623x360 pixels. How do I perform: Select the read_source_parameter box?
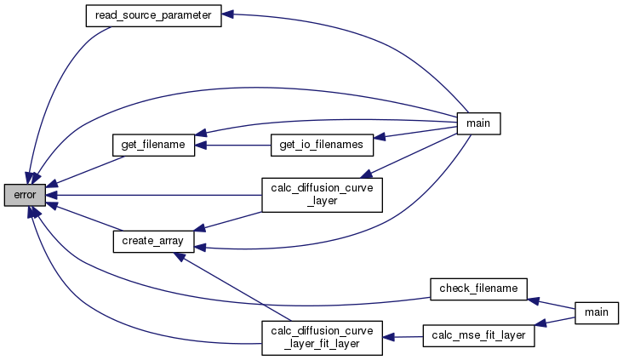[153, 15]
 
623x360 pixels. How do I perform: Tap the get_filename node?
[154, 145]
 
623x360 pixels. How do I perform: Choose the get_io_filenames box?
[322, 145]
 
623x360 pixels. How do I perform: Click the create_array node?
[154, 241]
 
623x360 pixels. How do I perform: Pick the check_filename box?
[477, 289]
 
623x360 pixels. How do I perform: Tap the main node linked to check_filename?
[597, 312]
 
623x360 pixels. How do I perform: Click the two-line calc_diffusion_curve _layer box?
[321, 194]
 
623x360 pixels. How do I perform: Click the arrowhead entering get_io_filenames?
[380, 136]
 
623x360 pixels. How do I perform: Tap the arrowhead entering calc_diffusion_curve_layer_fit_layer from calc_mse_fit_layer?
[388, 337]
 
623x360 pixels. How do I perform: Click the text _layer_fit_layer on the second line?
[321, 343]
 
